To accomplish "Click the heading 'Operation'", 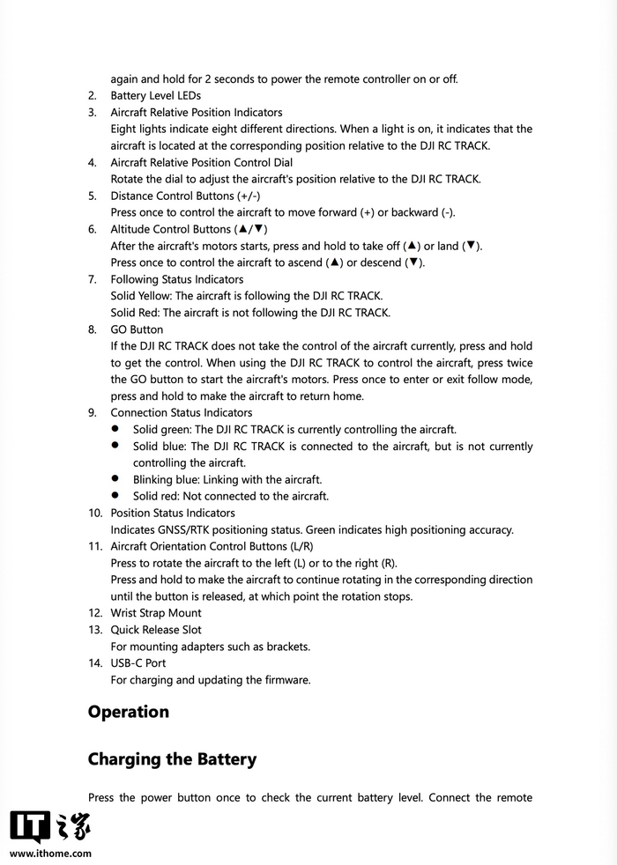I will pyautogui.click(x=128, y=712).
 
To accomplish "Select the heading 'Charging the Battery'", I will pyautogui.click(x=172, y=759).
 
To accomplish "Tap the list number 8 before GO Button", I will pyautogui.click(x=92, y=329).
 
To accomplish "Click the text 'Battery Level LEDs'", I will pyautogui.click(x=156, y=95).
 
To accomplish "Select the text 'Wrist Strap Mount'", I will pyautogui.click(x=156, y=613).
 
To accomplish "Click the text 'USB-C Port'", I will pyautogui.click(x=138, y=663).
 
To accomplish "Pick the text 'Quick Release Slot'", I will pyautogui.click(x=156, y=630).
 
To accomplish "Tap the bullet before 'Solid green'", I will pyautogui.click(x=115, y=429).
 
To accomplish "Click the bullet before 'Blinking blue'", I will pyautogui.click(x=115, y=479).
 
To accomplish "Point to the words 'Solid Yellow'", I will pyautogui.click(x=140, y=296).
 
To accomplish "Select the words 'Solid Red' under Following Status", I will pyautogui.click(x=134, y=313).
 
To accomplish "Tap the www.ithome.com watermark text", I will pyautogui.click(x=51, y=854).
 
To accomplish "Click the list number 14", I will pyautogui.click(x=94, y=663).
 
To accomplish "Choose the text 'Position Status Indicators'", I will pyautogui.click(x=173, y=513).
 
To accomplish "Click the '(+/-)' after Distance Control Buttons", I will pyautogui.click(x=249, y=196).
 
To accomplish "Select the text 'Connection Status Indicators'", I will pyautogui.click(x=181, y=412).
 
